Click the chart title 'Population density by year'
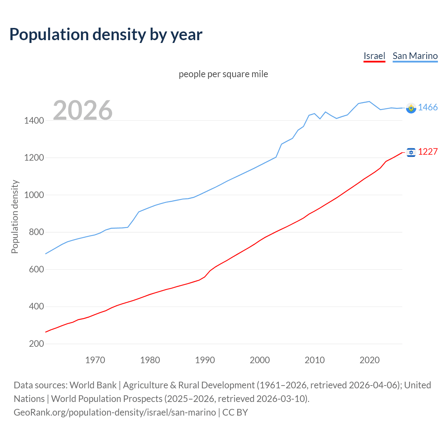click(106, 35)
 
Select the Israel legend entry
click(374, 56)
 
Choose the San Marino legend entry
click(415, 56)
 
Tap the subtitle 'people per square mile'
click(223, 74)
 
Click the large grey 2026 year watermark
click(83, 110)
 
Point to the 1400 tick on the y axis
click(34, 121)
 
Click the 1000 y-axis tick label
click(34, 195)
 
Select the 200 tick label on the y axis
click(36, 344)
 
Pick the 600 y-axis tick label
click(36, 269)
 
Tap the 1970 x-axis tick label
click(95, 360)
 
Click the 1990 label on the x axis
click(205, 360)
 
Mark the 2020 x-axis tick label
click(369, 360)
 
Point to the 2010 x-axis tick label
click(315, 360)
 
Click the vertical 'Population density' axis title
click(15, 217)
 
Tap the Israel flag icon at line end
click(411, 152)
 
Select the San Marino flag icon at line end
click(411, 108)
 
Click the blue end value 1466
click(428, 108)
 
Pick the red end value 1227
click(428, 152)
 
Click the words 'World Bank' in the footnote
click(93, 385)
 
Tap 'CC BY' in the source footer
click(235, 412)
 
